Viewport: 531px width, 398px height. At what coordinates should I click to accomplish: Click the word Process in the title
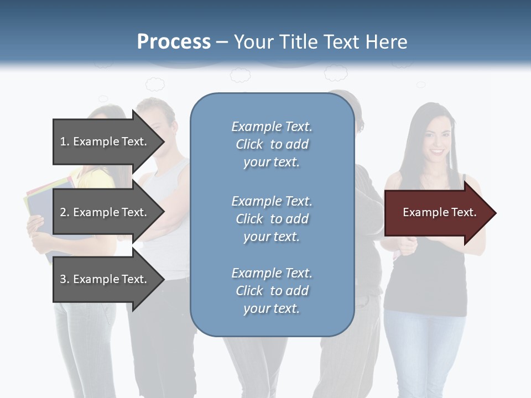point(174,42)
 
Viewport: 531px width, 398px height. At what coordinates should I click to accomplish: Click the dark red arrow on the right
point(437,213)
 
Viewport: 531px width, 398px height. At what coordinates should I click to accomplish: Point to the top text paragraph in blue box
point(272,144)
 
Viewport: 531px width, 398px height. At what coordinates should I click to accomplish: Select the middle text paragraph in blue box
point(272,219)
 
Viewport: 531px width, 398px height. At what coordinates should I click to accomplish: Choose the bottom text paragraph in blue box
point(272,291)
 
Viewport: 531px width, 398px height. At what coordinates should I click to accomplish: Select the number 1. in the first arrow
point(65,142)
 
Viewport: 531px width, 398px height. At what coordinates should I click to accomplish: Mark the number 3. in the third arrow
point(65,279)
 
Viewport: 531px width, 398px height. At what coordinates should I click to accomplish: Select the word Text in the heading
point(341,42)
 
